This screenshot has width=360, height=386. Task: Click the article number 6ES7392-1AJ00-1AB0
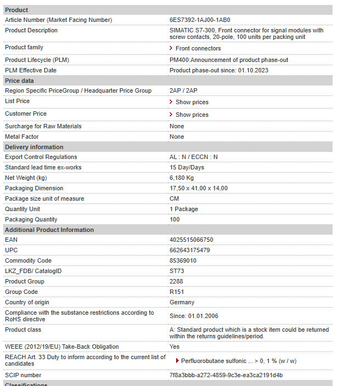200,20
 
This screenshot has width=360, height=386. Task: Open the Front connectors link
198,49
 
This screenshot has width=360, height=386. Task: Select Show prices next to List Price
192,103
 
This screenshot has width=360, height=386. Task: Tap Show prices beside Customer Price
192,115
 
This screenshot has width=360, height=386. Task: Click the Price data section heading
19,81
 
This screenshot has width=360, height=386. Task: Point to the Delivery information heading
34,147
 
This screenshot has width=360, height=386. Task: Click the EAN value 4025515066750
192,240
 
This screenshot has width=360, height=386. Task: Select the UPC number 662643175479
190,250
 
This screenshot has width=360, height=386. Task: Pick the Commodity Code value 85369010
183,260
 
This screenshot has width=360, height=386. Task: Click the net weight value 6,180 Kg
182,178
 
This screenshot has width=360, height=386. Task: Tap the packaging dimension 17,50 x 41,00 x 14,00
199,188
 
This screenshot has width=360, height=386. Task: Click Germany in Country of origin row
182,302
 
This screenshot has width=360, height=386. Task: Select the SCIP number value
226,375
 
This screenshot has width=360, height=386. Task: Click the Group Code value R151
177,292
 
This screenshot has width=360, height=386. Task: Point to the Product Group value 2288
176,281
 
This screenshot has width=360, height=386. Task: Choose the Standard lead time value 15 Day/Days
187,167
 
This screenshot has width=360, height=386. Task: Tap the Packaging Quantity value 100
175,219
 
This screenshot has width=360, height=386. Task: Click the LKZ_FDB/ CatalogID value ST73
177,271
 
